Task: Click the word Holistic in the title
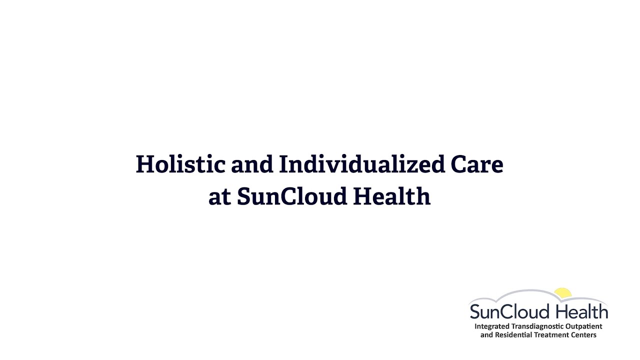tap(180, 164)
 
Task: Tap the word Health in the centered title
tap(391, 196)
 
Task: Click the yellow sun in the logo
tap(562, 293)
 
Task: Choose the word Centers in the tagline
tap(582, 335)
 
